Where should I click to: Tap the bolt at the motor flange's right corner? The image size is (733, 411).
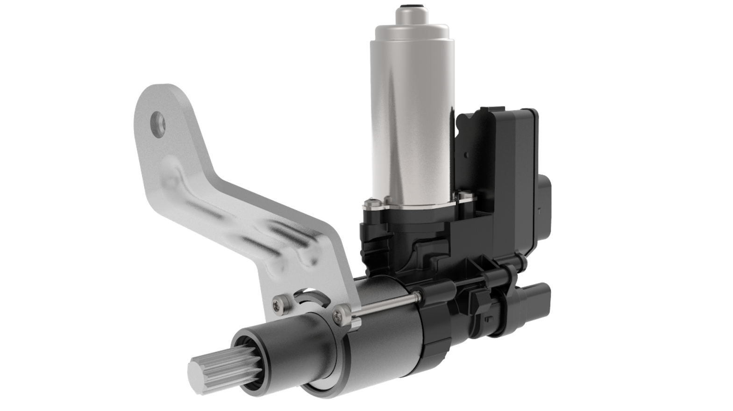coord(462,198)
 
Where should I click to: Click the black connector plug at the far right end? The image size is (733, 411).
coord(537,299)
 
